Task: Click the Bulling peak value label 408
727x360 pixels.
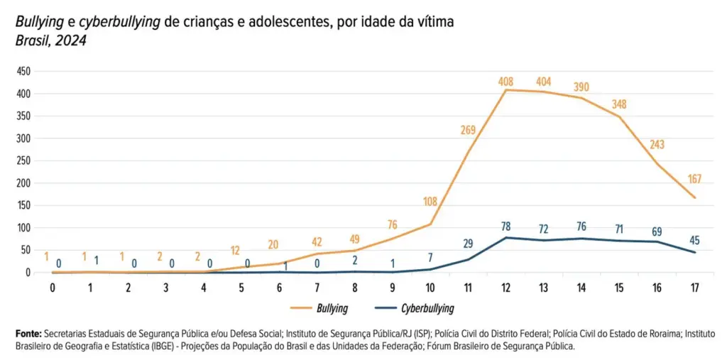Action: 505,82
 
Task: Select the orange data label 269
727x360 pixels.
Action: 467,130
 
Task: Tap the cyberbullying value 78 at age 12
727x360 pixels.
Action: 505,227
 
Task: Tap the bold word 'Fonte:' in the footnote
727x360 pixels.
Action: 28,333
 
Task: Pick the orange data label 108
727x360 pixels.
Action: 429,202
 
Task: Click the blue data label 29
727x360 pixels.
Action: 467,244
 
